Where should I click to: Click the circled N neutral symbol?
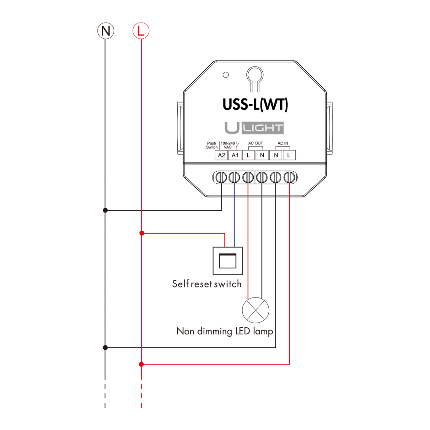(105, 31)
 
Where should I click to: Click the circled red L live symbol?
(141, 31)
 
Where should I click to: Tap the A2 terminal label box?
(221, 155)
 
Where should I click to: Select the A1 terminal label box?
(235, 155)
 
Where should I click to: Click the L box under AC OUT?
(248, 155)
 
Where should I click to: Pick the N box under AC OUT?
(262, 155)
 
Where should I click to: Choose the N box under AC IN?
(276, 155)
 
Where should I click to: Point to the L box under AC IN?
(289, 155)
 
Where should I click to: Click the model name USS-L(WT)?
(255, 104)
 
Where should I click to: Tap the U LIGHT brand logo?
(254, 128)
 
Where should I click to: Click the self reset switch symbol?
(228, 261)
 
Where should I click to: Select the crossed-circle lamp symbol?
(255, 310)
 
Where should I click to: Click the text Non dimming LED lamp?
(225, 331)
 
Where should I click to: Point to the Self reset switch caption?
(207, 284)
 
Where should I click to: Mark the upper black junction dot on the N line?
(105, 210)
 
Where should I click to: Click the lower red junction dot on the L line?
(142, 364)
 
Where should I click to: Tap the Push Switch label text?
(212, 145)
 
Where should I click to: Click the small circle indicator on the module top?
(226, 75)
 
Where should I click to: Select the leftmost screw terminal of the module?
(221, 177)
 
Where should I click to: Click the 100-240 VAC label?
(228, 145)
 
